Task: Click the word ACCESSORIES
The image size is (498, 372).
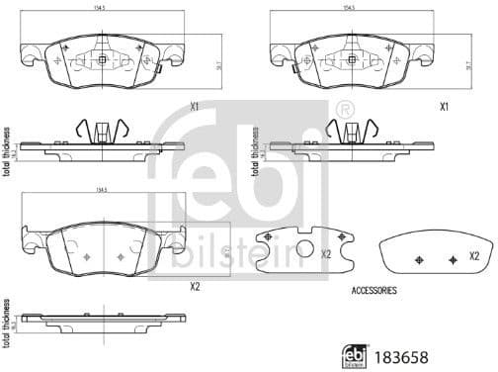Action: [x=374, y=291]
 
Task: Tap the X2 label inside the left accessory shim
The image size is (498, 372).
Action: [x=325, y=253]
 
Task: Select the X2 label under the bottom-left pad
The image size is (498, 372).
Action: [x=194, y=287]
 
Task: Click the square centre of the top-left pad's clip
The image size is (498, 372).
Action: [x=102, y=59]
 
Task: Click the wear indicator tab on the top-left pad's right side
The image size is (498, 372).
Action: [x=155, y=69]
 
